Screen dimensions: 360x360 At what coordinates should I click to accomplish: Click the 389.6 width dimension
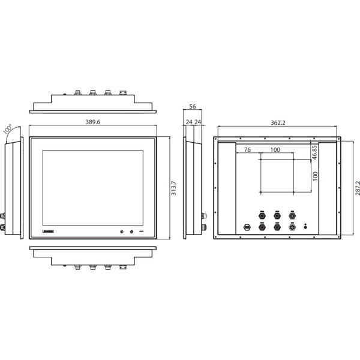point(93,122)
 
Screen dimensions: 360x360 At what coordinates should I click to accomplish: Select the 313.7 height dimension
point(174,188)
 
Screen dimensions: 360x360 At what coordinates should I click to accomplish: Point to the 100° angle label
point(8,130)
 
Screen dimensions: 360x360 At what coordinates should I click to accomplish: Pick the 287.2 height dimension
point(356,188)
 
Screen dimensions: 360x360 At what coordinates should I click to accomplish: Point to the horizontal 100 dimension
point(275,149)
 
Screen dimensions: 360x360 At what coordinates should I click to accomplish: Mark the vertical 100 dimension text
point(314,176)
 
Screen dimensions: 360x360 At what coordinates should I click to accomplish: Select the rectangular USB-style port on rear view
point(246,227)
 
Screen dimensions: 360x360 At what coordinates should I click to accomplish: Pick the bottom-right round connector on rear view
point(293,227)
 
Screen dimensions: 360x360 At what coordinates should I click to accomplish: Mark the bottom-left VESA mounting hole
point(261,192)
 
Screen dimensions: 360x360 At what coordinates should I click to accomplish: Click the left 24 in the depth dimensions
point(188,122)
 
